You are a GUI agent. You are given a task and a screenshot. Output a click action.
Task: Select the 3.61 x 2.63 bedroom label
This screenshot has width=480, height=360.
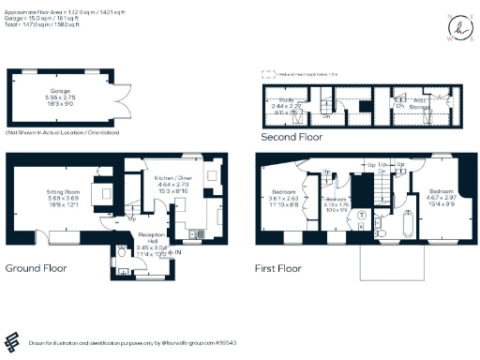tap(284, 198)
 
